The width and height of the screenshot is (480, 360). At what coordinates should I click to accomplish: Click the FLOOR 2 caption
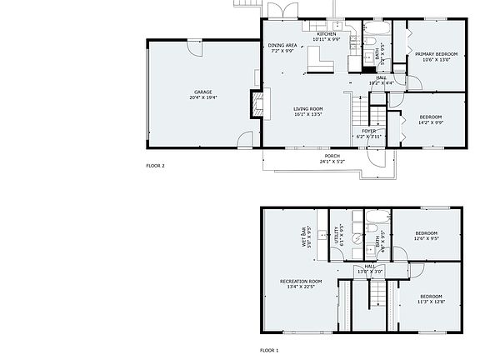pyautogui.click(x=155, y=166)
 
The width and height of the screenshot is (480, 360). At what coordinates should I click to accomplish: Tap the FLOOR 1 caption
pyautogui.click(x=269, y=350)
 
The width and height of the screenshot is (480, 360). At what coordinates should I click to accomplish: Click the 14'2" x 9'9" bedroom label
pyautogui.click(x=430, y=119)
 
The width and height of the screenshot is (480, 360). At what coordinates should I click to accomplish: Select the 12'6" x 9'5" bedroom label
pyautogui.click(x=425, y=236)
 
